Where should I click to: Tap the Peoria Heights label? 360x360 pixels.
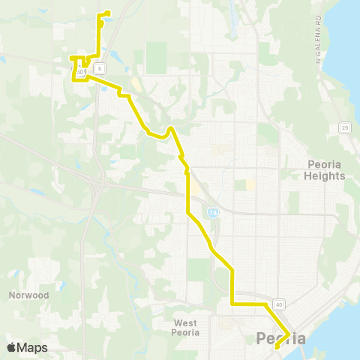326,170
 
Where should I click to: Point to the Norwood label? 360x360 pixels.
29,295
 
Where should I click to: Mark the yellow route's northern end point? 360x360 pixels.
109,11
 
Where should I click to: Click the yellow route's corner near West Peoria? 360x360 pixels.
232,304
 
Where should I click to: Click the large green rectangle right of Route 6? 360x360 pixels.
156,57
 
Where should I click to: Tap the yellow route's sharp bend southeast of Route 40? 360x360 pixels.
289,333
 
